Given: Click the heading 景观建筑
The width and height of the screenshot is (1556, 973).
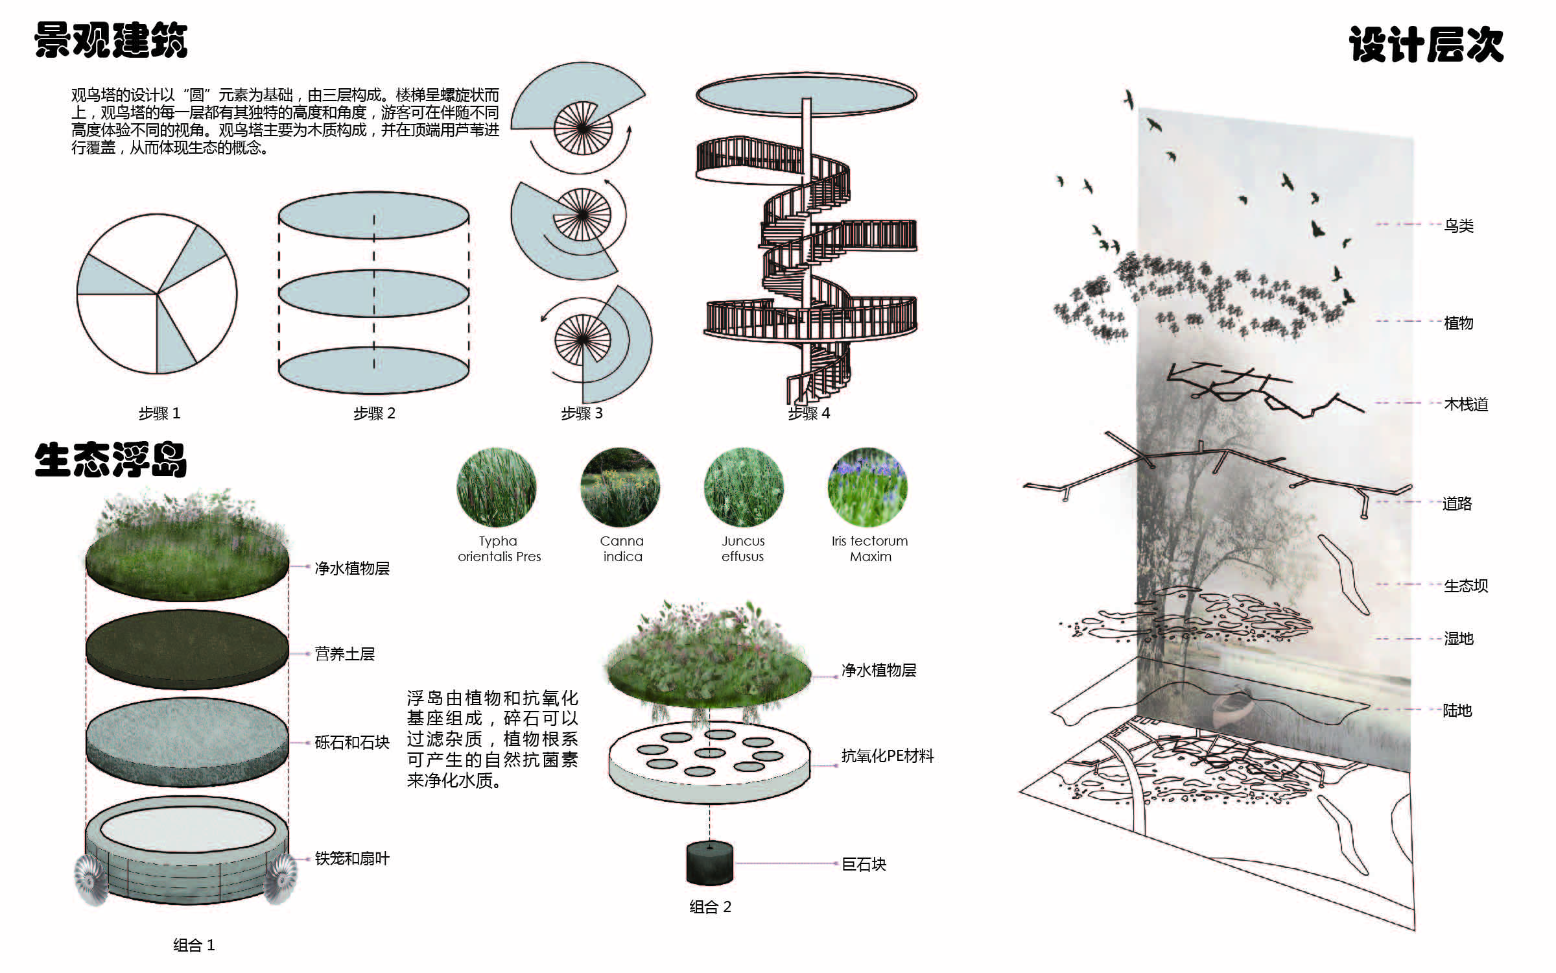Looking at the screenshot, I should tap(111, 40).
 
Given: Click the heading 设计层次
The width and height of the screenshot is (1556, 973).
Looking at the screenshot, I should tap(1426, 44).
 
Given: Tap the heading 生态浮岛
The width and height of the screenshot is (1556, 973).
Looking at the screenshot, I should tap(111, 460).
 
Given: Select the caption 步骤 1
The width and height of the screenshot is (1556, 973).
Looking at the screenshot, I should tap(159, 413).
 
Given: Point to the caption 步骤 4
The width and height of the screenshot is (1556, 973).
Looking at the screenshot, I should tap(808, 413).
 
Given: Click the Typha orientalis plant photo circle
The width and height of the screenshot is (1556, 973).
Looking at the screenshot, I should tap(497, 487).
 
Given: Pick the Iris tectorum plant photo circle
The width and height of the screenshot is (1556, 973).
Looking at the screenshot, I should tap(867, 487).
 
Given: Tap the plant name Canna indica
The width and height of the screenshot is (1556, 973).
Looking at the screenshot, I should tap(622, 549).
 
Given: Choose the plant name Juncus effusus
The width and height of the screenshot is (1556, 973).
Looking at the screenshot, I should tap(743, 549).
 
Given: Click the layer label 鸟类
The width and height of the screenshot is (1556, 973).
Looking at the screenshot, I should tap(1458, 226).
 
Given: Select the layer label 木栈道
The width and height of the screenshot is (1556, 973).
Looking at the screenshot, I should tap(1465, 404).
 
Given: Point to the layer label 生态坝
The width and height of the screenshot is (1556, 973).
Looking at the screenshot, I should tap(1465, 586).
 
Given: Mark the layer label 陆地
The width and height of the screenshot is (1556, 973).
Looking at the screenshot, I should tap(1457, 710).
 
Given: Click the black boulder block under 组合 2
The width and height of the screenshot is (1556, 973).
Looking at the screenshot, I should tap(710, 863).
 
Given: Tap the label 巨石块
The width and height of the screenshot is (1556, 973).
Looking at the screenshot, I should tap(864, 864).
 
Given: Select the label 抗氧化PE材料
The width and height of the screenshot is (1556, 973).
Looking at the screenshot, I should tap(887, 756).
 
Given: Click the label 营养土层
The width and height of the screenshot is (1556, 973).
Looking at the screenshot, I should tap(344, 654).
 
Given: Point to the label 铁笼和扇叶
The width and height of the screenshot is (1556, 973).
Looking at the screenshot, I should tap(351, 858).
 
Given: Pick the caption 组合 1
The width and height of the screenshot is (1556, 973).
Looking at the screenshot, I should tap(193, 945).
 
